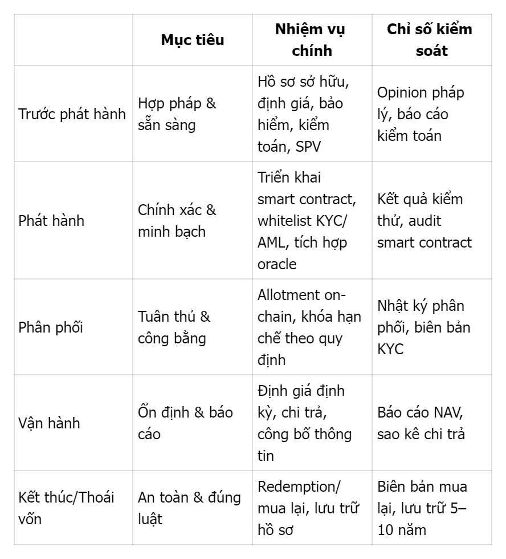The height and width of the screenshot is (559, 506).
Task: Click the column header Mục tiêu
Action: (x=192, y=40)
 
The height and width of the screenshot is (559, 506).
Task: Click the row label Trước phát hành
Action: (x=72, y=114)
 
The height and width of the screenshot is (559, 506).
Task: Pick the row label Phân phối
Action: (x=51, y=327)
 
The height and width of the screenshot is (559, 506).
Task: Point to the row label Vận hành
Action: (x=50, y=423)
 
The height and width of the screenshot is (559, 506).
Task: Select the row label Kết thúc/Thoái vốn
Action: (x=66, y=508)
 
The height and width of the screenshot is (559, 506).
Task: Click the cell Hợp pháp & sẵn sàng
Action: (x=177, y=114)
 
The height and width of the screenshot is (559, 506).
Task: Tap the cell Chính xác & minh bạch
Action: (x=177, y=221)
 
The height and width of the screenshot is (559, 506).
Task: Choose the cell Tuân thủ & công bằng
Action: (x=174, y=327)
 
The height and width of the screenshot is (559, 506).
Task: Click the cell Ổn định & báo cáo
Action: (x=185, y=423)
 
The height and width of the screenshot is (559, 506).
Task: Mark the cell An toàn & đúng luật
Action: (x=189, y=508)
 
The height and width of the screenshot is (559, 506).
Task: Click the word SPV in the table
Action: (x=308, y=146)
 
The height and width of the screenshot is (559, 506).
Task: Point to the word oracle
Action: (x=277, y=264)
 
